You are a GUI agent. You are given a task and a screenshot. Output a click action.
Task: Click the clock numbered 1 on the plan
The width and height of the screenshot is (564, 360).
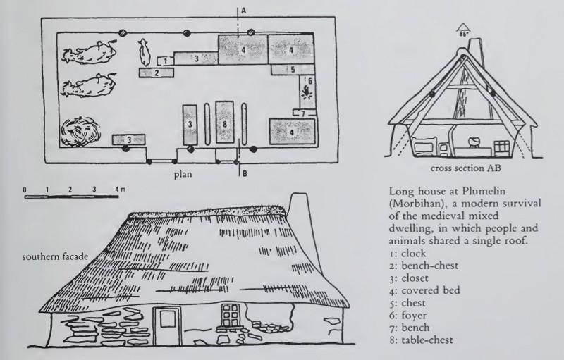click(166, 61)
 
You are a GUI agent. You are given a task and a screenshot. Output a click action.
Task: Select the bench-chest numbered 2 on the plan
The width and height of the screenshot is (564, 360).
click(157, 73)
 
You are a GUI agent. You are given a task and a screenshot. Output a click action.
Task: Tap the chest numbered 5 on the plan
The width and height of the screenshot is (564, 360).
click(292, 69)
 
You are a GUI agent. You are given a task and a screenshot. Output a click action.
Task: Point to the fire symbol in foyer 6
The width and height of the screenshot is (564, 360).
click(307, 93)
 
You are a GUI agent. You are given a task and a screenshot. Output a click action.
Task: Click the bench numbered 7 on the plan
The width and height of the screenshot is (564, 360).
click(304, 113)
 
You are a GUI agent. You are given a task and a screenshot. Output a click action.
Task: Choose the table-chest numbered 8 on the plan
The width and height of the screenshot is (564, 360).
click(224, 122)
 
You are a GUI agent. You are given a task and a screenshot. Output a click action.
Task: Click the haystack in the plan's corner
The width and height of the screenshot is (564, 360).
click(80, 131)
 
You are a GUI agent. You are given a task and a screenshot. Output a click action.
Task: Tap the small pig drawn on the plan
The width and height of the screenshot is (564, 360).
click(145, 52)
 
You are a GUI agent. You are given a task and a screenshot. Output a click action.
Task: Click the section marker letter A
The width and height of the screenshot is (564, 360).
click(243, 11)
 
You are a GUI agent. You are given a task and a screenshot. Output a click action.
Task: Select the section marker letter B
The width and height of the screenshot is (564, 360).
click(244, 174)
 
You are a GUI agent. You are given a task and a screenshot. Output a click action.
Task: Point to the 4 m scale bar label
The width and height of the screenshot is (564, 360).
click(120, 189)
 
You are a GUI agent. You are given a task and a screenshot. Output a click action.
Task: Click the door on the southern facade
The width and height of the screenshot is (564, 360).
click(167, 325)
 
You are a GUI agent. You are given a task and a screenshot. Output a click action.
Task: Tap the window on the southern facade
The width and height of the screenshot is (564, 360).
click(231, 316)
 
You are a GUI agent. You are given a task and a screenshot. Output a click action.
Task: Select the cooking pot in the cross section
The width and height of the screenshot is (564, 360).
click(472, 142)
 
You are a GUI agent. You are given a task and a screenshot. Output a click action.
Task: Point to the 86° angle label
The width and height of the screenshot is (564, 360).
click(463, 34)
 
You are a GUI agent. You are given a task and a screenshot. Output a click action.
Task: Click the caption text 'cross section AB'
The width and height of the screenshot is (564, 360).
click(465, 168)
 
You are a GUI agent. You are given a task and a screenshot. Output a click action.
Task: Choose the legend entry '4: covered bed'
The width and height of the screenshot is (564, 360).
click(424, 290)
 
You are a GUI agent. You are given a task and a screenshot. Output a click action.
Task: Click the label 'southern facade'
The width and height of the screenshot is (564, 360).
click(55, 257)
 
